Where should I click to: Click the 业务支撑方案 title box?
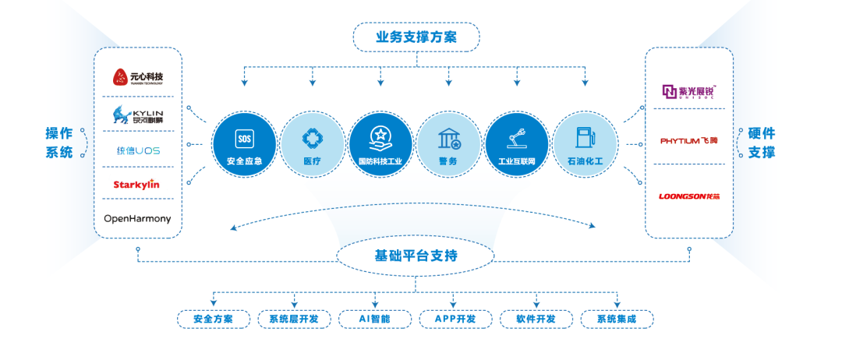point(416,37)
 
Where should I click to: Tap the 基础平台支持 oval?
point(416,256)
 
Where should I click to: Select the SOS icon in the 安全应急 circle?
point(243,139)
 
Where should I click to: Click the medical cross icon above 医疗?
point(312,138)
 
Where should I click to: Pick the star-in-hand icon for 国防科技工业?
point(380,138)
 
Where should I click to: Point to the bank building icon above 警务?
point(448,139)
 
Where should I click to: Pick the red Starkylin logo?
point(137,184)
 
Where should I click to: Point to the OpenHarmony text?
point(137,219)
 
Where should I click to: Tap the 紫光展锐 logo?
point(688,92)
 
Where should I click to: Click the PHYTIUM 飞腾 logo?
point(688,141)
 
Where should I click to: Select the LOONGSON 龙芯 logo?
point(688,196)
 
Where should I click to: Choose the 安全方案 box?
point(213,319)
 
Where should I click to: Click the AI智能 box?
point(374,319)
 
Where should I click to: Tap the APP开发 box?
point(455,319)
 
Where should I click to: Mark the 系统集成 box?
point(617,319)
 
